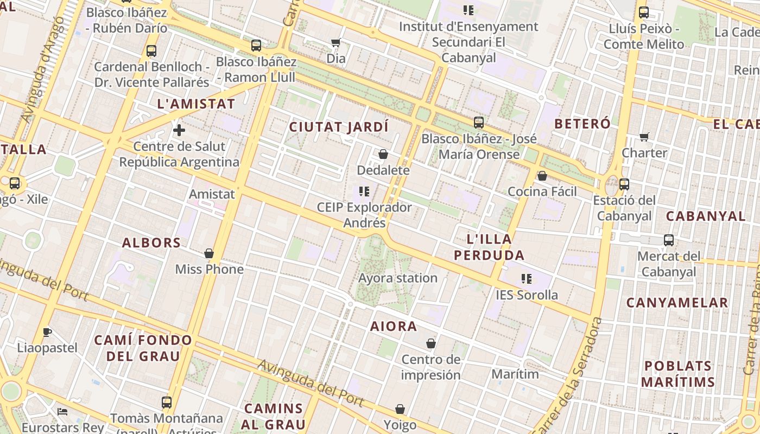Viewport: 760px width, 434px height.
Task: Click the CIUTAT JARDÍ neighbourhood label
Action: pos(339,127)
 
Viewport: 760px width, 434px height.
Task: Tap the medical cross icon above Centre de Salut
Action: pos(179,130)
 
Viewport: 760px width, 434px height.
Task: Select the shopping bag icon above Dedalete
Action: pos(383,155)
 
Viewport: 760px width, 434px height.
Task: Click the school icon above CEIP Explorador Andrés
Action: pos(364,192)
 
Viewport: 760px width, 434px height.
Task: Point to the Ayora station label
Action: pos(398,278)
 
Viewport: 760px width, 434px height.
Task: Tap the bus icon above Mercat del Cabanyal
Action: pos(669,240)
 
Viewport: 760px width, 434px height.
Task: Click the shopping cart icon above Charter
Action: pos(644,137)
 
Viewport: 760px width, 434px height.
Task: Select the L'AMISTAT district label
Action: pos(196,104)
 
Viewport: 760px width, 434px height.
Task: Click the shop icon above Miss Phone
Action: pos(209,253)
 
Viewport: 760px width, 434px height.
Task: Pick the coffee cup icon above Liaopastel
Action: pos(47,332)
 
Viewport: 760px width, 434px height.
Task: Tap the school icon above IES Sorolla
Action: pos(527,279)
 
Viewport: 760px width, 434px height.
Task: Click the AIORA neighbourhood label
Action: pos(394,327)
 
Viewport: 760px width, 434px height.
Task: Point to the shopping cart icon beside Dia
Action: pos(336,42)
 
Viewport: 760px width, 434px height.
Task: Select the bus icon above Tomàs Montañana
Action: pos(167,403)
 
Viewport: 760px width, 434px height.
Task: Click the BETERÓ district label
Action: pos(582,124)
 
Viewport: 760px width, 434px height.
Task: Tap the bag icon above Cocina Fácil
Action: pos(542,176)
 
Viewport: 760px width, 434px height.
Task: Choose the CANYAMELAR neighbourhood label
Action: pos(677,303)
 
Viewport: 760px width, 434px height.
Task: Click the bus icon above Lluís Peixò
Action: pos(644,12)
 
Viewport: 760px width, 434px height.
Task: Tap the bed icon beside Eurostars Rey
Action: pos(63,412)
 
